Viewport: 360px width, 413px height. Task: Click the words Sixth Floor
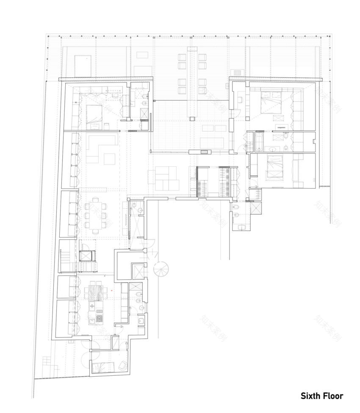click(322, 396)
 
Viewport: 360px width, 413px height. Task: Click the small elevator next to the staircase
click(87, 256)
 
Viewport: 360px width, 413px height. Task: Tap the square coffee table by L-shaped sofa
click(111, 158)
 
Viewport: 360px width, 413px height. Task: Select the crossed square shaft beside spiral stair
click(138, 271)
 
